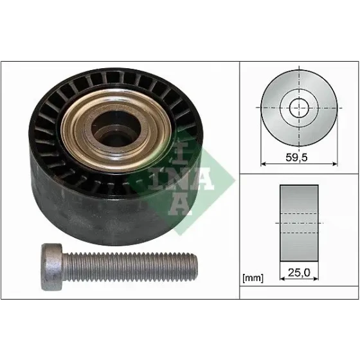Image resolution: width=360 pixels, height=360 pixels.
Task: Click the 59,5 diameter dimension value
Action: click(x=296, y=157)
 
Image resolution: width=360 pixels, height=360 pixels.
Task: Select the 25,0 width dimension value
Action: click(x=299, y=273)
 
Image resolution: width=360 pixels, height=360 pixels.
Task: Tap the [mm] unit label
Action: click(x=253, y=278)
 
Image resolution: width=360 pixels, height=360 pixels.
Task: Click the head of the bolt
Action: click(x=52, y=267)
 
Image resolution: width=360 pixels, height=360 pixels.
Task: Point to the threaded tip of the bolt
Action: click(x=195, y=267)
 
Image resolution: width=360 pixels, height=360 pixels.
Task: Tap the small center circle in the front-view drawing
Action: click(x=299, y=108)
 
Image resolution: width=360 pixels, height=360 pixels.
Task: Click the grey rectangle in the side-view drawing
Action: click(x=299, y=223)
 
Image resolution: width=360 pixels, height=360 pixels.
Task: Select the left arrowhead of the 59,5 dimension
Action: click(x=264, y=164)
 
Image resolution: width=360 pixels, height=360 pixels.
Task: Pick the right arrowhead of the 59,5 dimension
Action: click(x=335, y=164)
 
